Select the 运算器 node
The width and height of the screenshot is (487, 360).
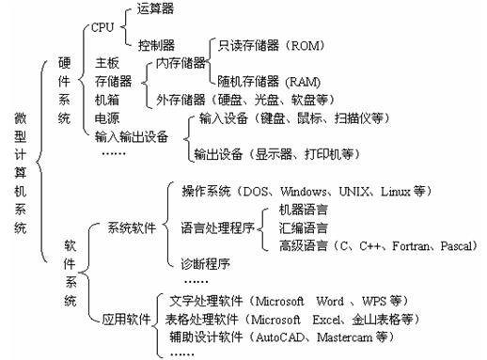click(x=155, y=11)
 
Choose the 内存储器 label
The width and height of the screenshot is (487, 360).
click(x=174, y=64)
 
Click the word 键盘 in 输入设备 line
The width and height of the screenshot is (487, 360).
click(x=271, y=119)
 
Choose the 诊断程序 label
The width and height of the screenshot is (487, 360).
click(x=204, y=262)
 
